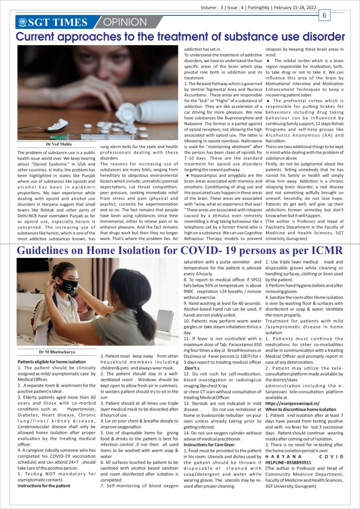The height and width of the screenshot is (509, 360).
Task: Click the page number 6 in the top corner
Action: (x=324, y=15)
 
